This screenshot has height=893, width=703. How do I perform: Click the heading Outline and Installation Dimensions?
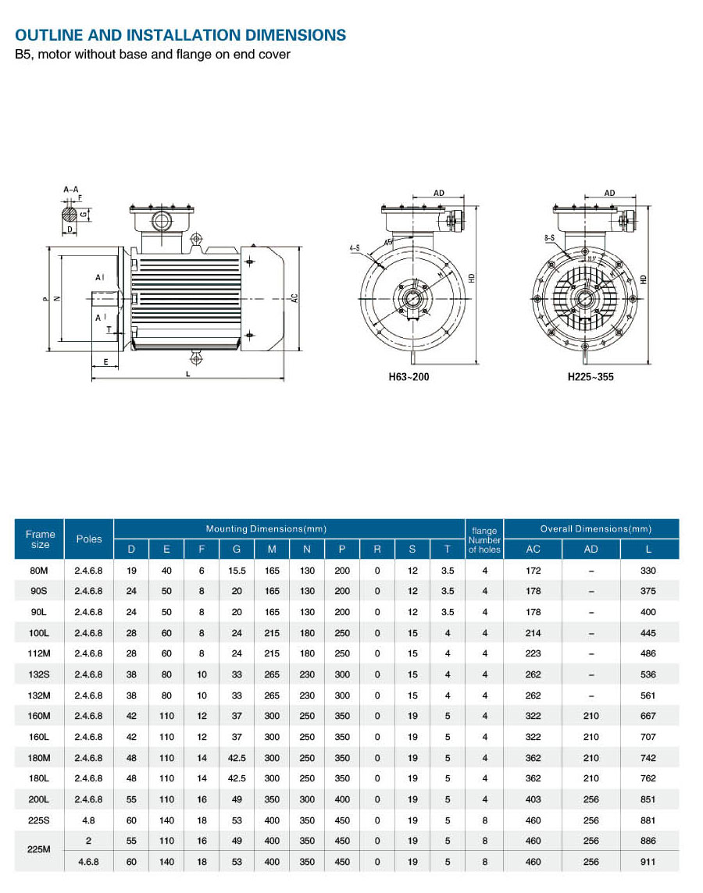pyautogui.click(x=180, y=35)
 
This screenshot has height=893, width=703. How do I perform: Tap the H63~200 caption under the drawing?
pyautogui.click(x=409, y=377)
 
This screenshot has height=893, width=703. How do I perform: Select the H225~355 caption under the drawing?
pyautogui.click(x=591, y=377)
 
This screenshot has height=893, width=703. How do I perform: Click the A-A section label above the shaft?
pyautogui.click(x=70, y=189)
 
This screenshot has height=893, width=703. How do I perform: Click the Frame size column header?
pyautogui.click(x=40, y=539)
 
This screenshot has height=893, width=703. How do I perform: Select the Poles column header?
pyautogui.click(x=89, y=539)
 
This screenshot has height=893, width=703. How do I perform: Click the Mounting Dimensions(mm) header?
pyautogui.click(x=266, y=528)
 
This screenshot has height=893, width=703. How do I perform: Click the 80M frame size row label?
pyautogui.click(x=40, y=571)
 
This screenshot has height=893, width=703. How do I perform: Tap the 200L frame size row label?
pyautogui.click(x=40, y=799)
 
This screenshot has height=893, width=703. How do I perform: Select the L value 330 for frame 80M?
pyautogui.click(x=648, y=571)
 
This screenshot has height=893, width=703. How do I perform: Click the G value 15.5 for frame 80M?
pyautogui.click(x=237, y=571)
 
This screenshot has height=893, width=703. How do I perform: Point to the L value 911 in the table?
pyautogui.click(x=648, y=862)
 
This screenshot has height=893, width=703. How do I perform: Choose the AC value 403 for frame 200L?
pyautogui.click(x=533, y=799)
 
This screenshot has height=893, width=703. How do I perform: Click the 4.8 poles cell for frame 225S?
pyautogui.click(x=89, y=820)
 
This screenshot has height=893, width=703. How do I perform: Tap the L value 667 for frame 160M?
pyautogui.click(x=648, y=716)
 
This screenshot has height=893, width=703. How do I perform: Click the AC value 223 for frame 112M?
pyautogui.click(x=533, y=653)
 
